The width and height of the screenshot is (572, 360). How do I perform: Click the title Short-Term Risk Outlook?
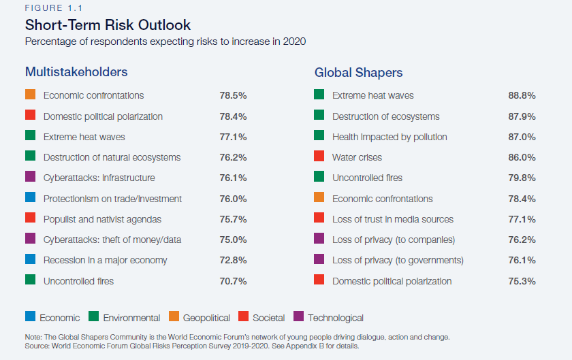coord(108,25)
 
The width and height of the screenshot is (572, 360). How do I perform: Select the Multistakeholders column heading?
coord(76,71)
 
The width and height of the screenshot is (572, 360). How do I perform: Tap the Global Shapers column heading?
coord(358,72)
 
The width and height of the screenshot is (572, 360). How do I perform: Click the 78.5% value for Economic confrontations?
coord(233,96)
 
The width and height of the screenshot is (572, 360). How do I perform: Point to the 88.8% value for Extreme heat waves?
coord(522,96)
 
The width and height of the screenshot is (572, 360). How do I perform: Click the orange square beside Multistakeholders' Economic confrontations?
coord(30,95)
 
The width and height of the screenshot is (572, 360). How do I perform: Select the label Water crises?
coord(357,157)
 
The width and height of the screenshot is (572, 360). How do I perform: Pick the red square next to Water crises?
coord(319,157)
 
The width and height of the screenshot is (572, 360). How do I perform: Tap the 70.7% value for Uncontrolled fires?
coord(233,281)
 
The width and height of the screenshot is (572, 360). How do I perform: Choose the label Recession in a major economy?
coord(105,260)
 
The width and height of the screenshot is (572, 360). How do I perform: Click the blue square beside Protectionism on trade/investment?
coord(30,199)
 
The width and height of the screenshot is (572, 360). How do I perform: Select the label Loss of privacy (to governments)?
coord(398,260)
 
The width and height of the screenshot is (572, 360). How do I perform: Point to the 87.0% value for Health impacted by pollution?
coord(522,137)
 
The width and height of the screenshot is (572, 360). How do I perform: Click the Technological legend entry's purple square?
coord(298,316)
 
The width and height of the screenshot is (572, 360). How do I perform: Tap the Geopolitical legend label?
coord(206,318)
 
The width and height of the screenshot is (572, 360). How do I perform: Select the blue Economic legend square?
coord(30,316)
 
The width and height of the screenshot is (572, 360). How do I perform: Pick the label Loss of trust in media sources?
coord(392,219)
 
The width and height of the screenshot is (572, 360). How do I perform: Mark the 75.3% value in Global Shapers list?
coord(522,281)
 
